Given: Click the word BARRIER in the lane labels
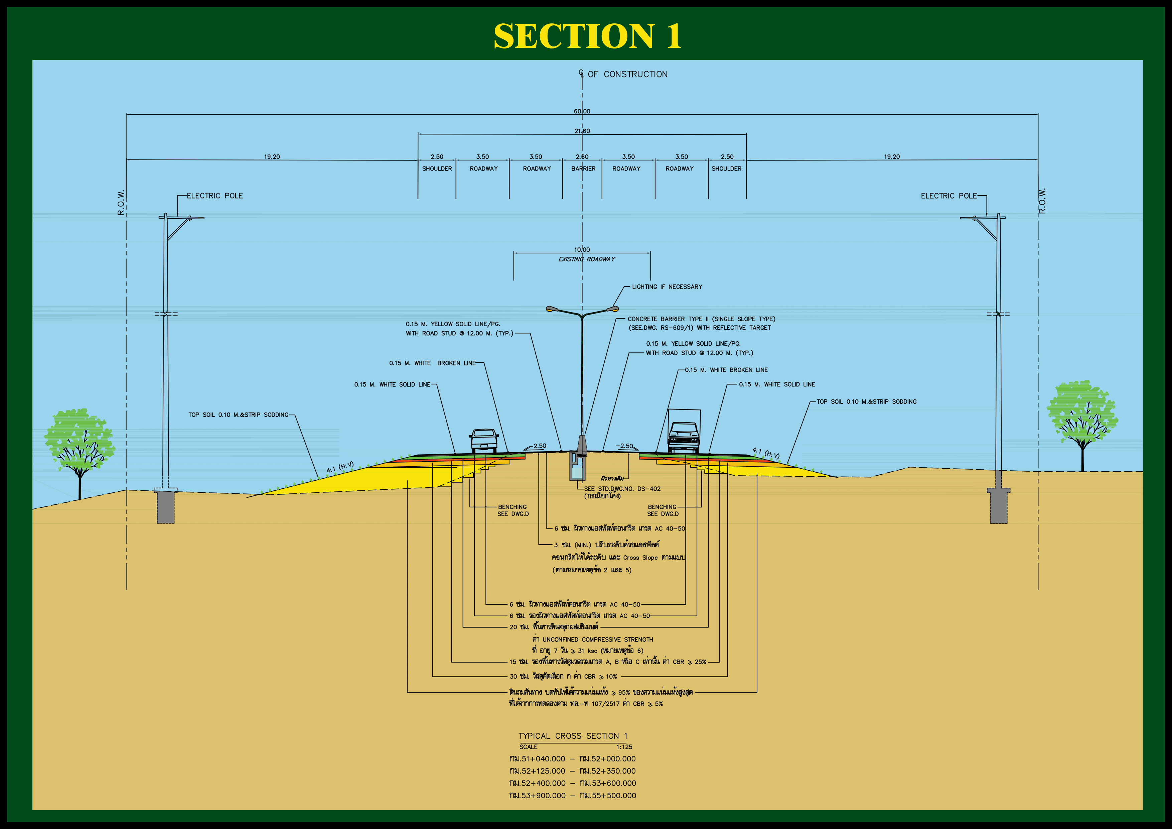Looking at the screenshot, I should tap(583, 168).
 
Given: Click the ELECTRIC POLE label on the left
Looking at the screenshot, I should tap(214, 196).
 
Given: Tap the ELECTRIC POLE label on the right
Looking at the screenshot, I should tap(948, 196).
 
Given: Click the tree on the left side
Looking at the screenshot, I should tap(79, 444).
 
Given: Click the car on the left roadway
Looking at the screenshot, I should tap(483, 440).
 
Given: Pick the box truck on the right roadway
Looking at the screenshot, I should tap(684, 432).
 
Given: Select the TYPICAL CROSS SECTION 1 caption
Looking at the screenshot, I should tap(573, 736).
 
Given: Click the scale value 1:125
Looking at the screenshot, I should tap(624, 747).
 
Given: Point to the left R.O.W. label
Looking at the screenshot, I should tap(121, 203).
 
